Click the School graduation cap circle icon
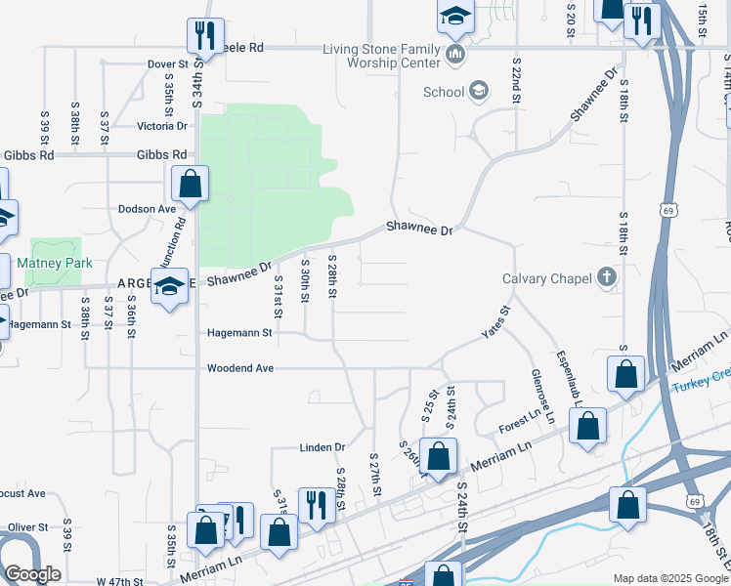click(x=478, y=93)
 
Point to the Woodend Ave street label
click(x=239, y=368)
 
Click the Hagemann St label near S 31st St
click(x=239, y=333)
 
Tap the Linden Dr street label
click(x=322, y=447)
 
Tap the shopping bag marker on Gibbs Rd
click(x=190, y=182)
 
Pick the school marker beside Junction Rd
click(x=169, y=286)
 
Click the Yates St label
click(x=495, y=323)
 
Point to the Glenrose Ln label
click(x=538, y=396)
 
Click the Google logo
click(x=32, y=574)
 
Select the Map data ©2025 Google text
click(x=669, y=578)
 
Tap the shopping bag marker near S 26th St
click(x=440, y=456)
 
